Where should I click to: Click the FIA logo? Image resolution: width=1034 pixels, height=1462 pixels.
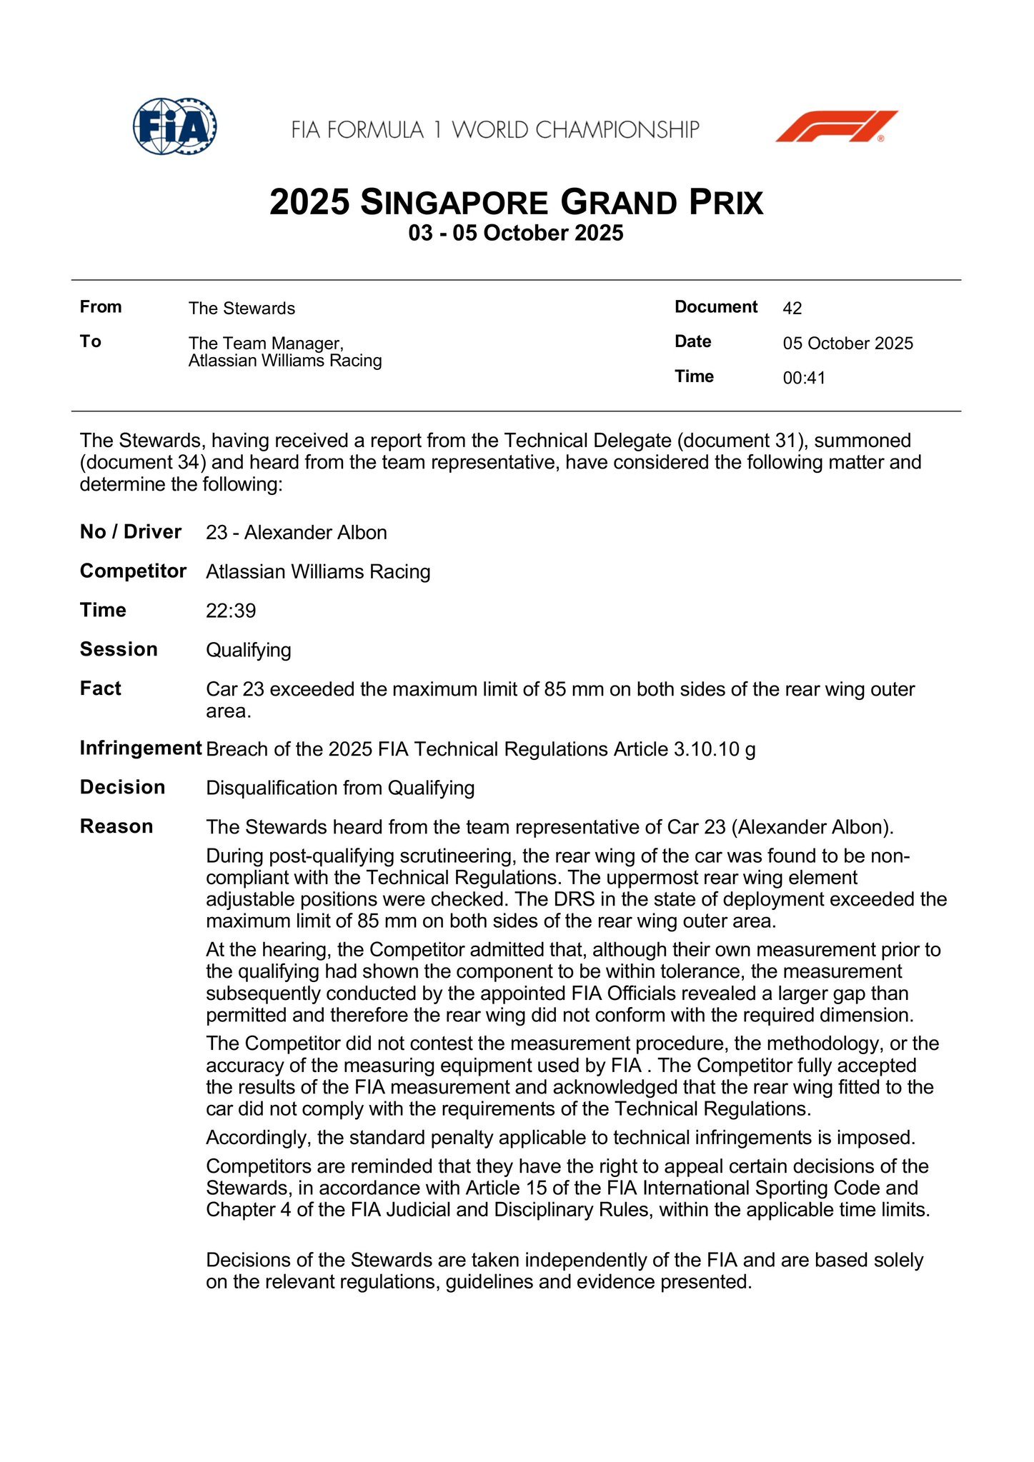point(174,127)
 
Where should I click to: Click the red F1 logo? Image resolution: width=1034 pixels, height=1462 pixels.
point(836,126)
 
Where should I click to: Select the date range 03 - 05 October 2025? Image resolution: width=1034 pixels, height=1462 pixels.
point(516,234)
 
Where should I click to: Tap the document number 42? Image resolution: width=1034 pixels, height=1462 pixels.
point(792,309)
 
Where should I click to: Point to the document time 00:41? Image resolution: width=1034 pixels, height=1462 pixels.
point(804,378)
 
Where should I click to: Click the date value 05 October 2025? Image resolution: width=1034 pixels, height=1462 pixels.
point(847,344)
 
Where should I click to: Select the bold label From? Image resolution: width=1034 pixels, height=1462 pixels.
point(101,307)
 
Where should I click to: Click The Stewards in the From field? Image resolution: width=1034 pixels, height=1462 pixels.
point(242,309)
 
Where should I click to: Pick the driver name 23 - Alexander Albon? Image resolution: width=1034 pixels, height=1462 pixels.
point(297,533)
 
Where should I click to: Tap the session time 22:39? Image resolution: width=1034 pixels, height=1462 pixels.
point(231,611)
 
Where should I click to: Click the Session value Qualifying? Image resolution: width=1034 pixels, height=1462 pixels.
point(249,650)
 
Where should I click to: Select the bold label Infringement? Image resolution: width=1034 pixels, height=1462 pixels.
point(141,748)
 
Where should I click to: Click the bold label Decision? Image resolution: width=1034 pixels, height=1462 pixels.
point(122,787)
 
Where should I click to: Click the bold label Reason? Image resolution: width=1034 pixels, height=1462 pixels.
point(116,826)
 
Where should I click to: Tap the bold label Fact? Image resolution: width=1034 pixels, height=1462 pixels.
point(101,689)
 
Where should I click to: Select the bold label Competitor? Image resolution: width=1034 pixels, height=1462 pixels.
point(133,571)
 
